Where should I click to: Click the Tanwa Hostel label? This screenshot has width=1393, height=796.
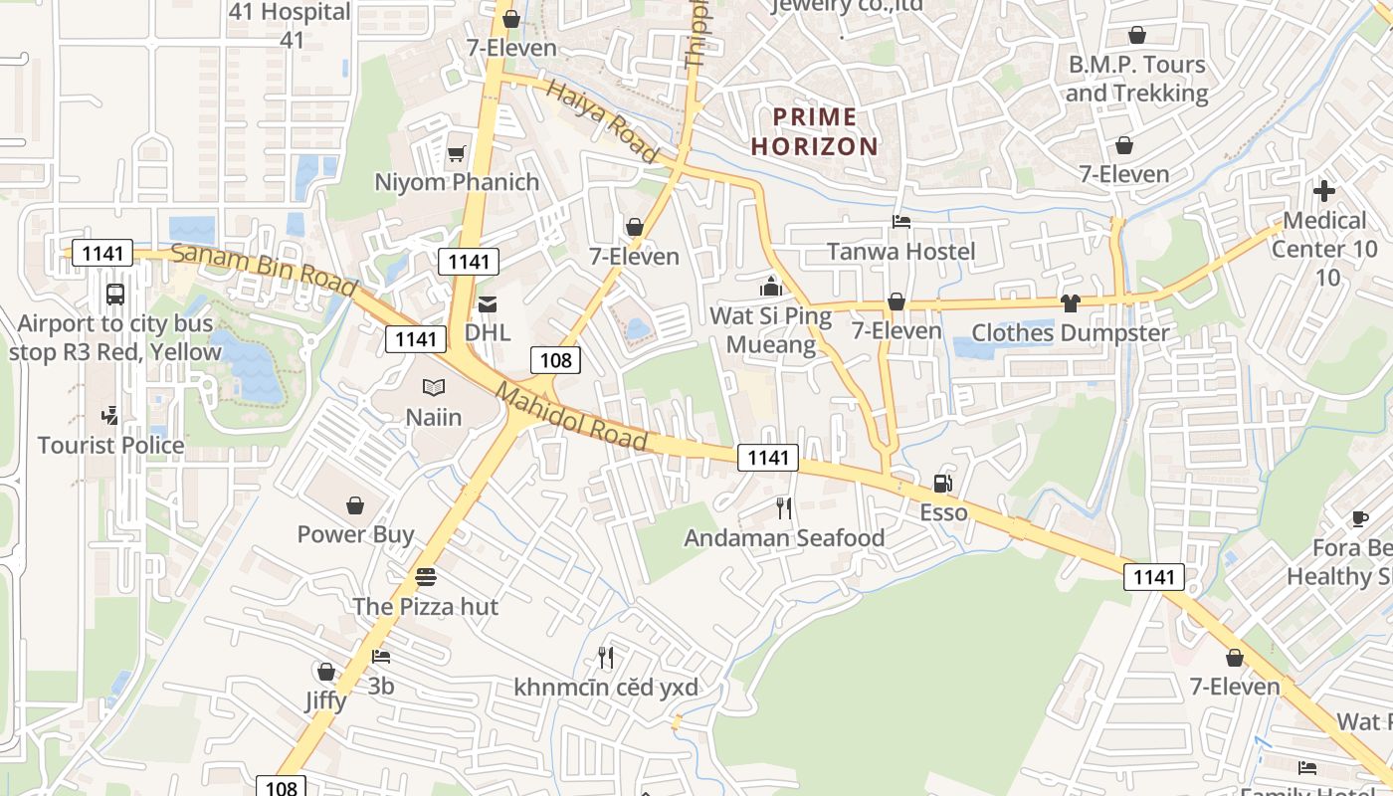(901, 252)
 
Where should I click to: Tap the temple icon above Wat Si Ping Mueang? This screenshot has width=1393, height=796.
(770, 288)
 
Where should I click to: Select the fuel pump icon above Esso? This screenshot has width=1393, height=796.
(941, 485)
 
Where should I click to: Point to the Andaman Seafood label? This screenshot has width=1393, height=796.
(784, 538)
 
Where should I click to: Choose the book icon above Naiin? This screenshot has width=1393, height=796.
(433, 388)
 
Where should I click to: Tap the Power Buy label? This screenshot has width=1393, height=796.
(355, 534)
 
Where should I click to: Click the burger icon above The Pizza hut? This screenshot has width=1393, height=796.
(426, 577)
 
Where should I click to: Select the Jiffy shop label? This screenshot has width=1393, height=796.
(325, 700)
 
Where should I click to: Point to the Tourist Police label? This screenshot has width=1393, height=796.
(110, 445)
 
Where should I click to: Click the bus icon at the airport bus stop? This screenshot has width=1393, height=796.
(114, 295)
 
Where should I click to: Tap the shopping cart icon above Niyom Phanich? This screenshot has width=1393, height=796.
(456, 153)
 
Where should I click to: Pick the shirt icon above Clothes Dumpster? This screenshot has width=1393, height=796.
(1070, 303)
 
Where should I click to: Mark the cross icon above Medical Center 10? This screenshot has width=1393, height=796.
(1323, 191)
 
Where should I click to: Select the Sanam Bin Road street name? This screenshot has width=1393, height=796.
(263, 269)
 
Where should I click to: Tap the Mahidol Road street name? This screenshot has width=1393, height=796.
(572, 416)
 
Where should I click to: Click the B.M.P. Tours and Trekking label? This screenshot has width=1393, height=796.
(1136, 80)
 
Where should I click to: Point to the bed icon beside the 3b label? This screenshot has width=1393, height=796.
(380, 657)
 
